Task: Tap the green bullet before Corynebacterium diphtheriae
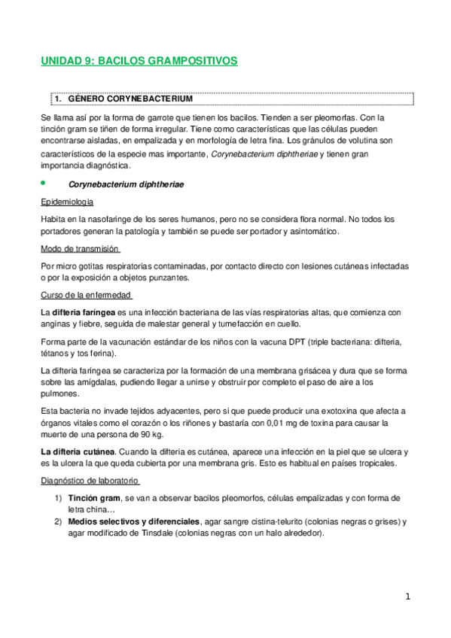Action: pyautogui.click(x=44, y=183)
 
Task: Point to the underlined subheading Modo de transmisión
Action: pyautogui.click(x=81, y=249)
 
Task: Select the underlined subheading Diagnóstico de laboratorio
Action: pyautogui.click(x=90, y=481)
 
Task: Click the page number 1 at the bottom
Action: pyautogui.click(x=407, y=597)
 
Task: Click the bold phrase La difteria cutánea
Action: pyautogui.click(x=78, y=451)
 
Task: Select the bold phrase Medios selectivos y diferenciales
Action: pyautogui.click(x=133, y=521)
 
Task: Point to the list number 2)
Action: pyautogui.click(x=57, y=521)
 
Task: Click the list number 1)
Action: pyautogui.click(x=57, y=498)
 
